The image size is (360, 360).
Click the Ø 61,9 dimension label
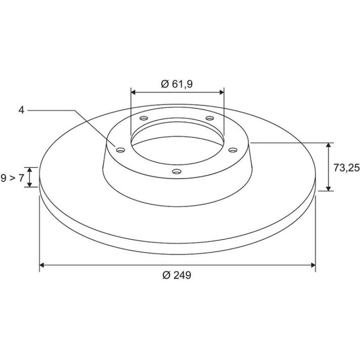[x=177, y=84]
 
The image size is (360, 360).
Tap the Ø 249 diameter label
[x=177, y=275]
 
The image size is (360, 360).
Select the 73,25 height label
[x=346, y=168]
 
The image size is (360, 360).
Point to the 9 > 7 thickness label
[x=13, y=178]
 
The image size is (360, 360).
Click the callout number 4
[x=21, y=110]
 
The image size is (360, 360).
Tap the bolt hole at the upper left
[x=144, y=118]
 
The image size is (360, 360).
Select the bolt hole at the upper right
[x=209, y=118]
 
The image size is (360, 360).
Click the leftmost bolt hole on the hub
[x=121, y=150]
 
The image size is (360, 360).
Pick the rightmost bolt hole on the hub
[x=233, y=150]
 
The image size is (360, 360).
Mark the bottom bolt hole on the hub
[x=177, y=171]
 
